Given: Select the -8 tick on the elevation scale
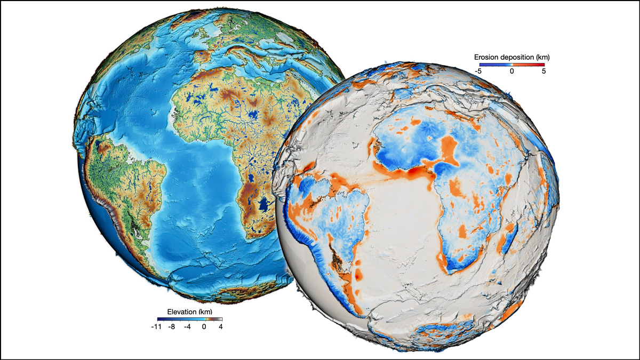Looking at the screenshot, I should [172, 327].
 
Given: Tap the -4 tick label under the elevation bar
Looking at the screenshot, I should [188, 327].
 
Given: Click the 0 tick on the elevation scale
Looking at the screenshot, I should [204, 327].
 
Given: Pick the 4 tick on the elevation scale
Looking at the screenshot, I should [220, 327].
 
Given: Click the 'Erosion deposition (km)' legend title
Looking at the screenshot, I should [511, 56].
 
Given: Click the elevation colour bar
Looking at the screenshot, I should [189, 319].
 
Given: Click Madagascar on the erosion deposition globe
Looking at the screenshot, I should [508, 237].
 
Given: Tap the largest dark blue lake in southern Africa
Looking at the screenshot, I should [263, 203].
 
